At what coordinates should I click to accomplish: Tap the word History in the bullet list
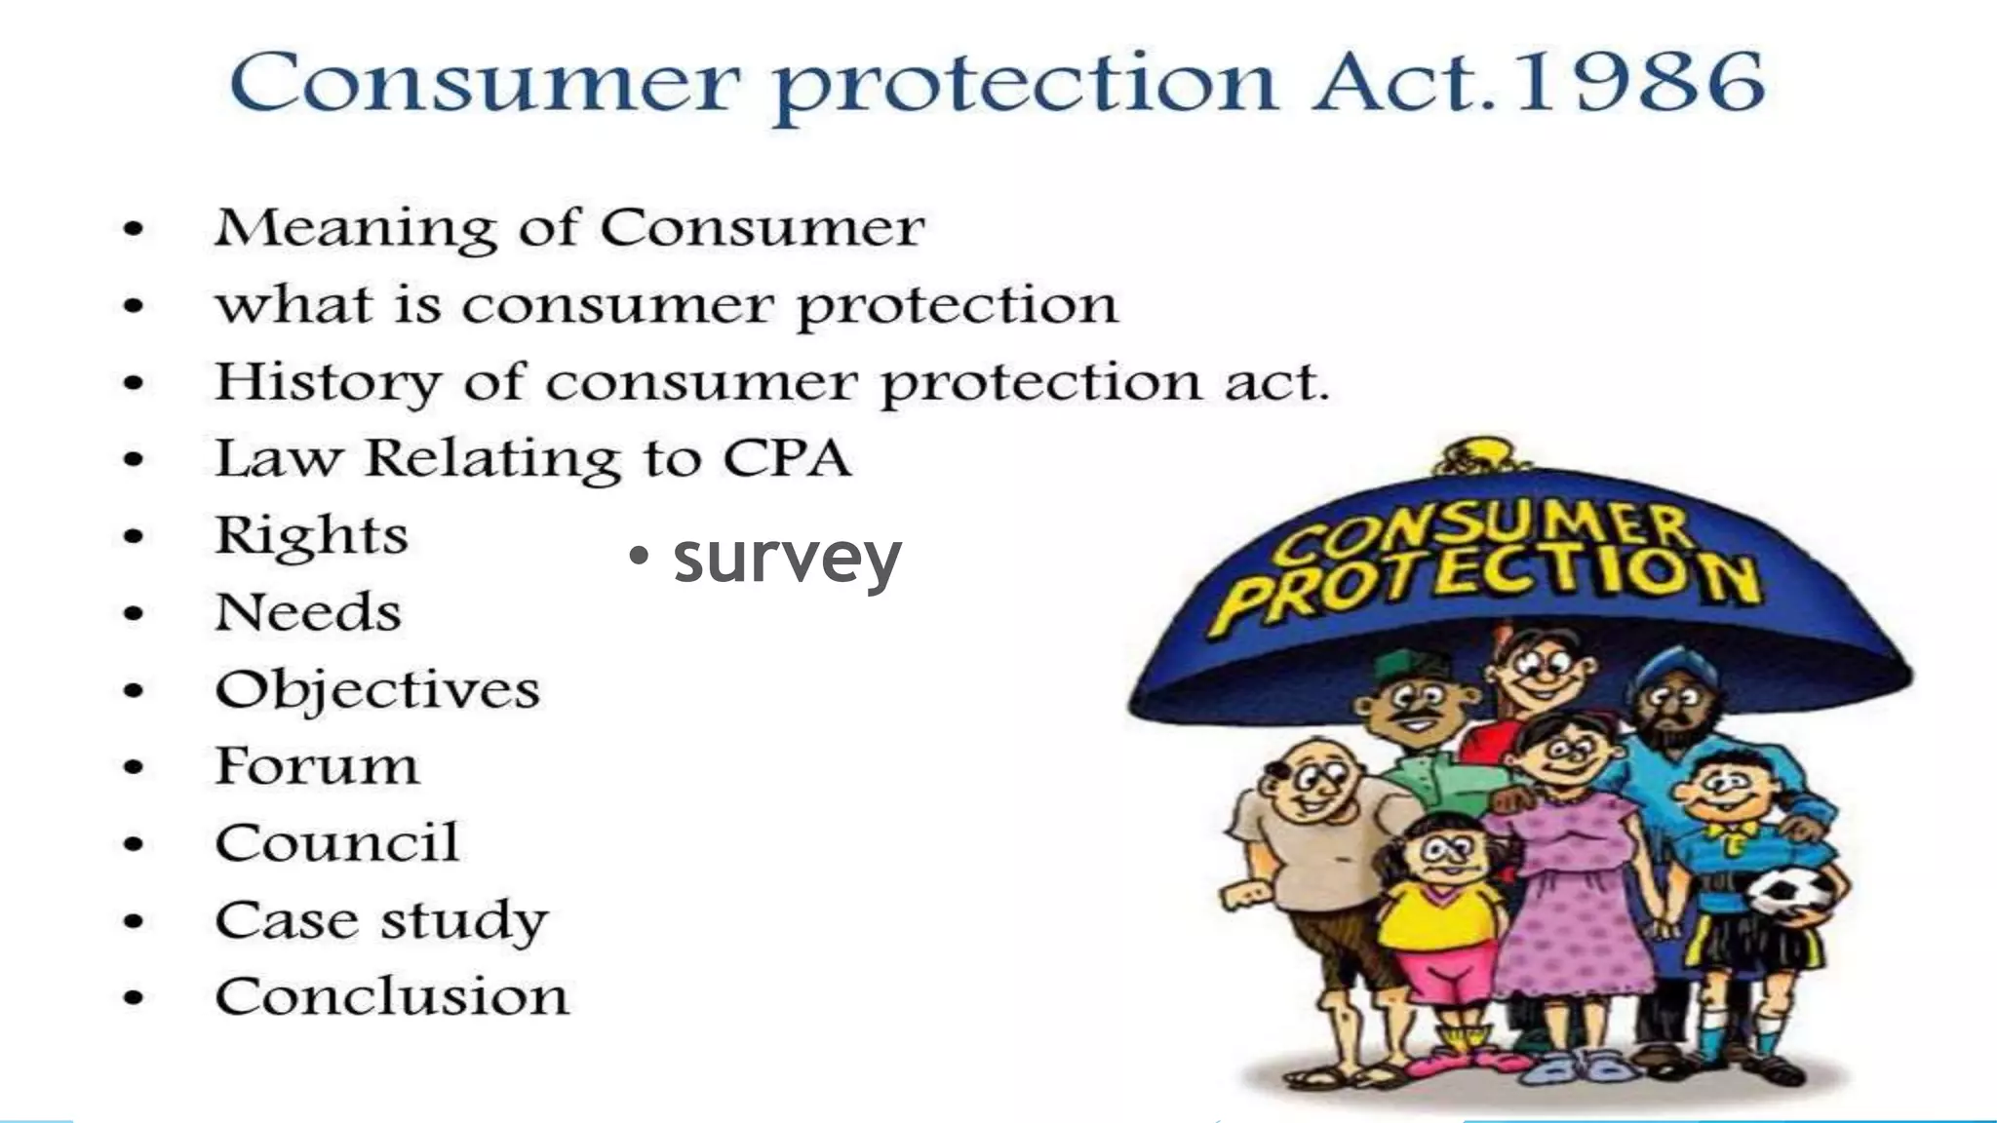coord(328,382)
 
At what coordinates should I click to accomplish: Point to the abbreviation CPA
coord(786,458)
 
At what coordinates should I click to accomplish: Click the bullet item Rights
coord(311,536)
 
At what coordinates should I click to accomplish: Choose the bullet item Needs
coord(308,612)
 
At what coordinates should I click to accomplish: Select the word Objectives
coord(377,690)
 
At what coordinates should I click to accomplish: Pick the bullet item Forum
coord(317,766)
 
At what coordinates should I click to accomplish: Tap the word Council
coord(336,843)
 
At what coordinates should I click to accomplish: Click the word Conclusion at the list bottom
coord(392,997)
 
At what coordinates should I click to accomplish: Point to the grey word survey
coord(787,558)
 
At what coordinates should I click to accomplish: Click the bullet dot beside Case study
coord(134,921)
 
